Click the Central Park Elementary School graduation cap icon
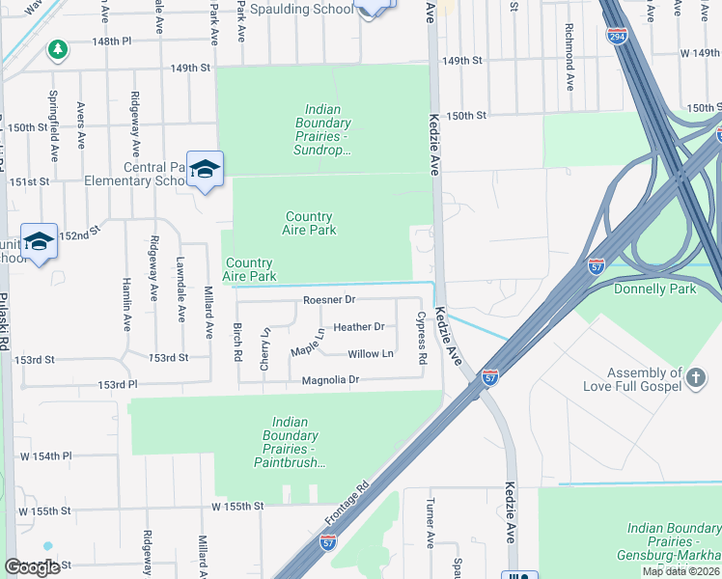[x=205, y=169]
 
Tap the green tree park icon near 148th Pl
[x=58, y=48]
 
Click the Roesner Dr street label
[x=329, y=300]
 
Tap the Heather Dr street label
[x=358, y=327]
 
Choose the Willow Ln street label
[x=371, y=354]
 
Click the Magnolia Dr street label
[x=328, y=380]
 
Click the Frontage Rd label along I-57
[x=347, y=504]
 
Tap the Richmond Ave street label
[x=569, y=58]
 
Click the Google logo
[x=32, y=567]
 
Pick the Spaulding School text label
[x=300, y=10]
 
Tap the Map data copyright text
[x=680, y=571]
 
